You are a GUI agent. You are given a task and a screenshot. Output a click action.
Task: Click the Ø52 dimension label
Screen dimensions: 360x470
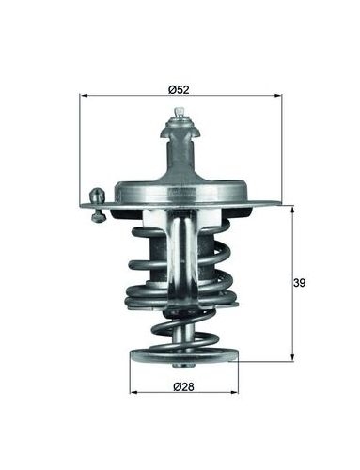point(179,90)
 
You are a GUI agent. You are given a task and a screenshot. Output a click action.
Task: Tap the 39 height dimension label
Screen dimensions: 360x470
point(299,283)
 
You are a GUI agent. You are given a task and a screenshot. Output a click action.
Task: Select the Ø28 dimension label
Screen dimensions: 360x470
point(183,387)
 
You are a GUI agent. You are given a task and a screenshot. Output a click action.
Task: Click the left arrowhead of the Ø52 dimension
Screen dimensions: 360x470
point(84,96)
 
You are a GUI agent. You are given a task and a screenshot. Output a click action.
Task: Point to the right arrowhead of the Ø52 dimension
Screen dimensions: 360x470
point(278,96)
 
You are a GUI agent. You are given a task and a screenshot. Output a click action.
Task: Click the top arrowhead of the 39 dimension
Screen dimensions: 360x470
point(292,210)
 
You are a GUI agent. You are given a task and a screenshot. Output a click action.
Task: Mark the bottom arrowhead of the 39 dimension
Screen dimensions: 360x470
point(292,357)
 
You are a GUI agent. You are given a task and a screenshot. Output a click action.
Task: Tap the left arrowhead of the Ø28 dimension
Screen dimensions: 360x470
point(133,392)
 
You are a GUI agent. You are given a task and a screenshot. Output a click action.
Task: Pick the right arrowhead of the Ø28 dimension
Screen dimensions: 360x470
point(234,392)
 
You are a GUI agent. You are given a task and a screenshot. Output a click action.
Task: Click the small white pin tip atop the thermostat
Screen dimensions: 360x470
point(179,112)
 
